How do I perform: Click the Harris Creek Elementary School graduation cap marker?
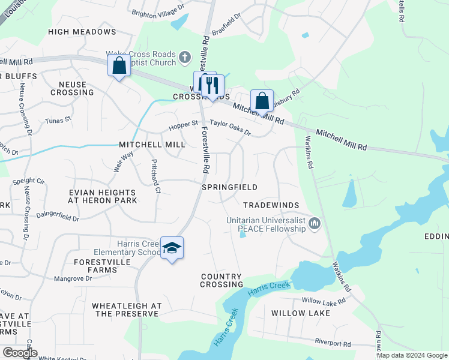coord(172,248)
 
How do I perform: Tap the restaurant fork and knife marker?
coord(212,86)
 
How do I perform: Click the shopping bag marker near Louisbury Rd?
coord(262,101)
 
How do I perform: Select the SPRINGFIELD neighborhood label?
coord(229,187)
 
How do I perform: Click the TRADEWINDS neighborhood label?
coord(271,205)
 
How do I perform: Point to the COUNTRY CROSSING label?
coord(222,280)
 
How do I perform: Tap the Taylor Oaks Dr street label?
coord(230,127)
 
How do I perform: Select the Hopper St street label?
coord(183,123)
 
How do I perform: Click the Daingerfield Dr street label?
coord(58,218)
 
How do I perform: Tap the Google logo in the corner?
coord(19,353)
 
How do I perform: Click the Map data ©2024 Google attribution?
coord(412,355)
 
